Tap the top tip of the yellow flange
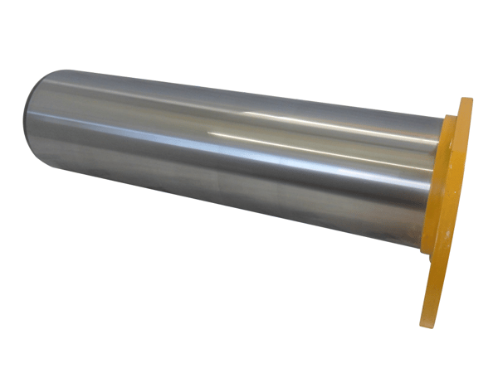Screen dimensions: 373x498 (x=466, y=100)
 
